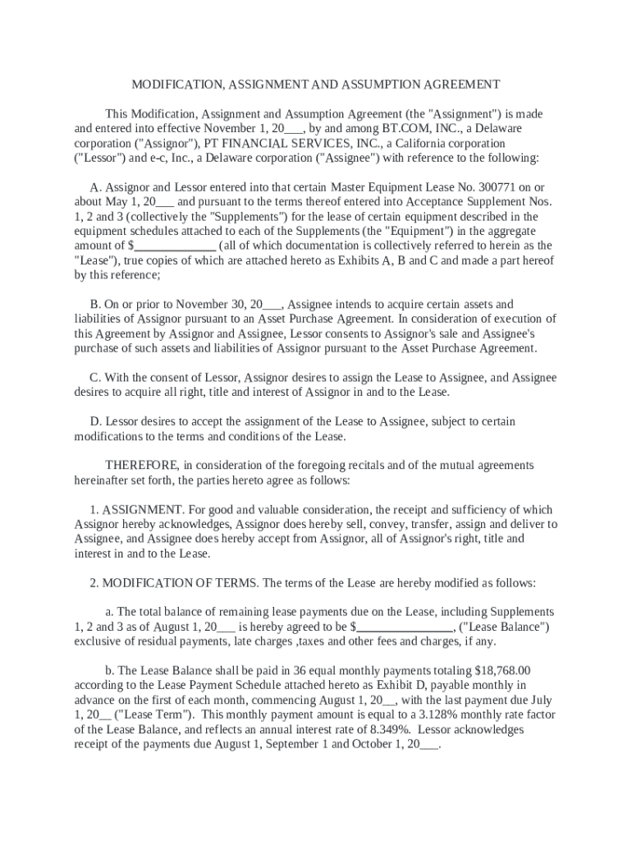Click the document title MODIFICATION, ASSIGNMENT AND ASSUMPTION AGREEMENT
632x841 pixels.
click(316, 85)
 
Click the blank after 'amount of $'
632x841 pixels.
click(175, 246)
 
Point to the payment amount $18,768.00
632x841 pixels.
click(503, 670)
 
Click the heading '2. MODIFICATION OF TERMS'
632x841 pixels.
click(175, 583)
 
